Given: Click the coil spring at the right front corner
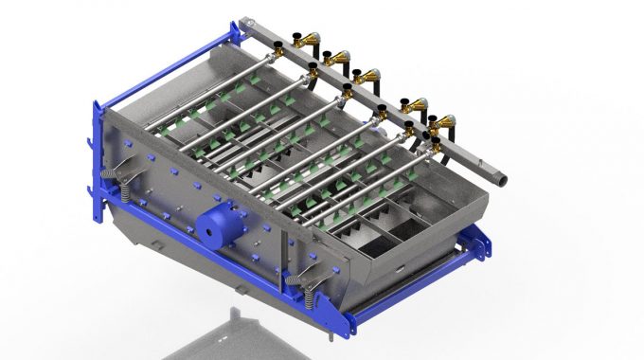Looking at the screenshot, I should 309,290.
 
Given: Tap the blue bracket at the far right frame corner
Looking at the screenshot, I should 483,244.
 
